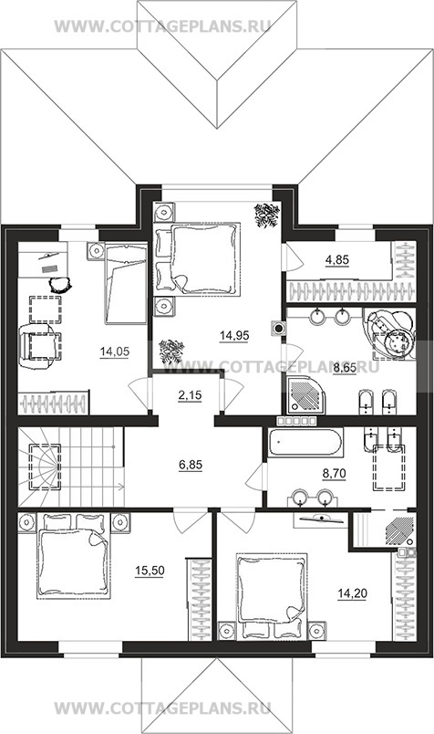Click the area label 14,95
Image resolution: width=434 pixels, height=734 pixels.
point(234,335)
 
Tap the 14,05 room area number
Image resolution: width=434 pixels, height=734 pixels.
point(115,351)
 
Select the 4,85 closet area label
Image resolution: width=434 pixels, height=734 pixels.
point(337,259)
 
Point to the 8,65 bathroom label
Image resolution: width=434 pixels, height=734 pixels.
point(345,369)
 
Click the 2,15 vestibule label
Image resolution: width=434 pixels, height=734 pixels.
point(190,395)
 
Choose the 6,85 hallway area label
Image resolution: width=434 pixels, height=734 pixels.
point(190,465)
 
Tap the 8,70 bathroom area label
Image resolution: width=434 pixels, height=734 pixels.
point(335,474)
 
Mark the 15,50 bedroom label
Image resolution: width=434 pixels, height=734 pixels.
point(150,571)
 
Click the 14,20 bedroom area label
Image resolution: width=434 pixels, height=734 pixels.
point(353,593)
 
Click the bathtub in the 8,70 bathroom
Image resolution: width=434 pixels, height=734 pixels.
point(305,442)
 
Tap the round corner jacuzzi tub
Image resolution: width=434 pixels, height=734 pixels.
point(390,333)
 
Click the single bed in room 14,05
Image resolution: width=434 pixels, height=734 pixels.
point(126,284)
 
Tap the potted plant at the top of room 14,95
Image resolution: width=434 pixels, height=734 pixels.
point(267,215)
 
